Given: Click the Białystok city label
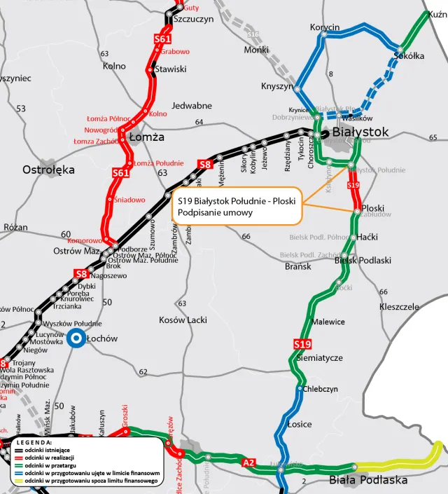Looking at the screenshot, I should pyautogui.click(x=360, y=132).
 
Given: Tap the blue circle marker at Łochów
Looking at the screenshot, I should pyautogui.click(x=76, y=338).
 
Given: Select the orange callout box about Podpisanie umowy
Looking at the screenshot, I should pyautogui.click(x=236, y=206).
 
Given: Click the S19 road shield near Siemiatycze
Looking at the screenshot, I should pyautogui.click(x=302, y=344).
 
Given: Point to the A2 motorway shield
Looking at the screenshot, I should pyautogui.click(x=249, y=462).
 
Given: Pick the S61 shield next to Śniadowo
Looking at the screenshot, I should pyautogui.click(x=121, y=172).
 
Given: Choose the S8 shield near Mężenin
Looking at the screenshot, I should pyautogui.click(x=204, y=165).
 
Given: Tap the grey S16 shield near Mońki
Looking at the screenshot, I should pyautogui.click(x=253, y=34).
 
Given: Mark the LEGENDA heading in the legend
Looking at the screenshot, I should pyautogui.click(x=33, y=442).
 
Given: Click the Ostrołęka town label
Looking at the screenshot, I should pyautogui.click(x=48, y=170).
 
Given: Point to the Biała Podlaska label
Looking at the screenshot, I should pyautogui.click(x=368, y=480).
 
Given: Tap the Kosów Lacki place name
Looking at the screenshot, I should pyautogui.click(x=183, y=320).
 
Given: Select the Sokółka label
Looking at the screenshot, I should pyautogui.click(x=409, y=56).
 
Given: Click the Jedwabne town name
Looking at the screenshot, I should pyautogui.click(x=191, y=106).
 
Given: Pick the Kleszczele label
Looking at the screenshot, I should pyautogui.click(x=399, y=307).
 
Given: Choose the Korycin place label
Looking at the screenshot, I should pyautogui.click(x=325, y=27).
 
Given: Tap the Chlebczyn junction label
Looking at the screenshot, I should pyautogui.click(x=321, y=388).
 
